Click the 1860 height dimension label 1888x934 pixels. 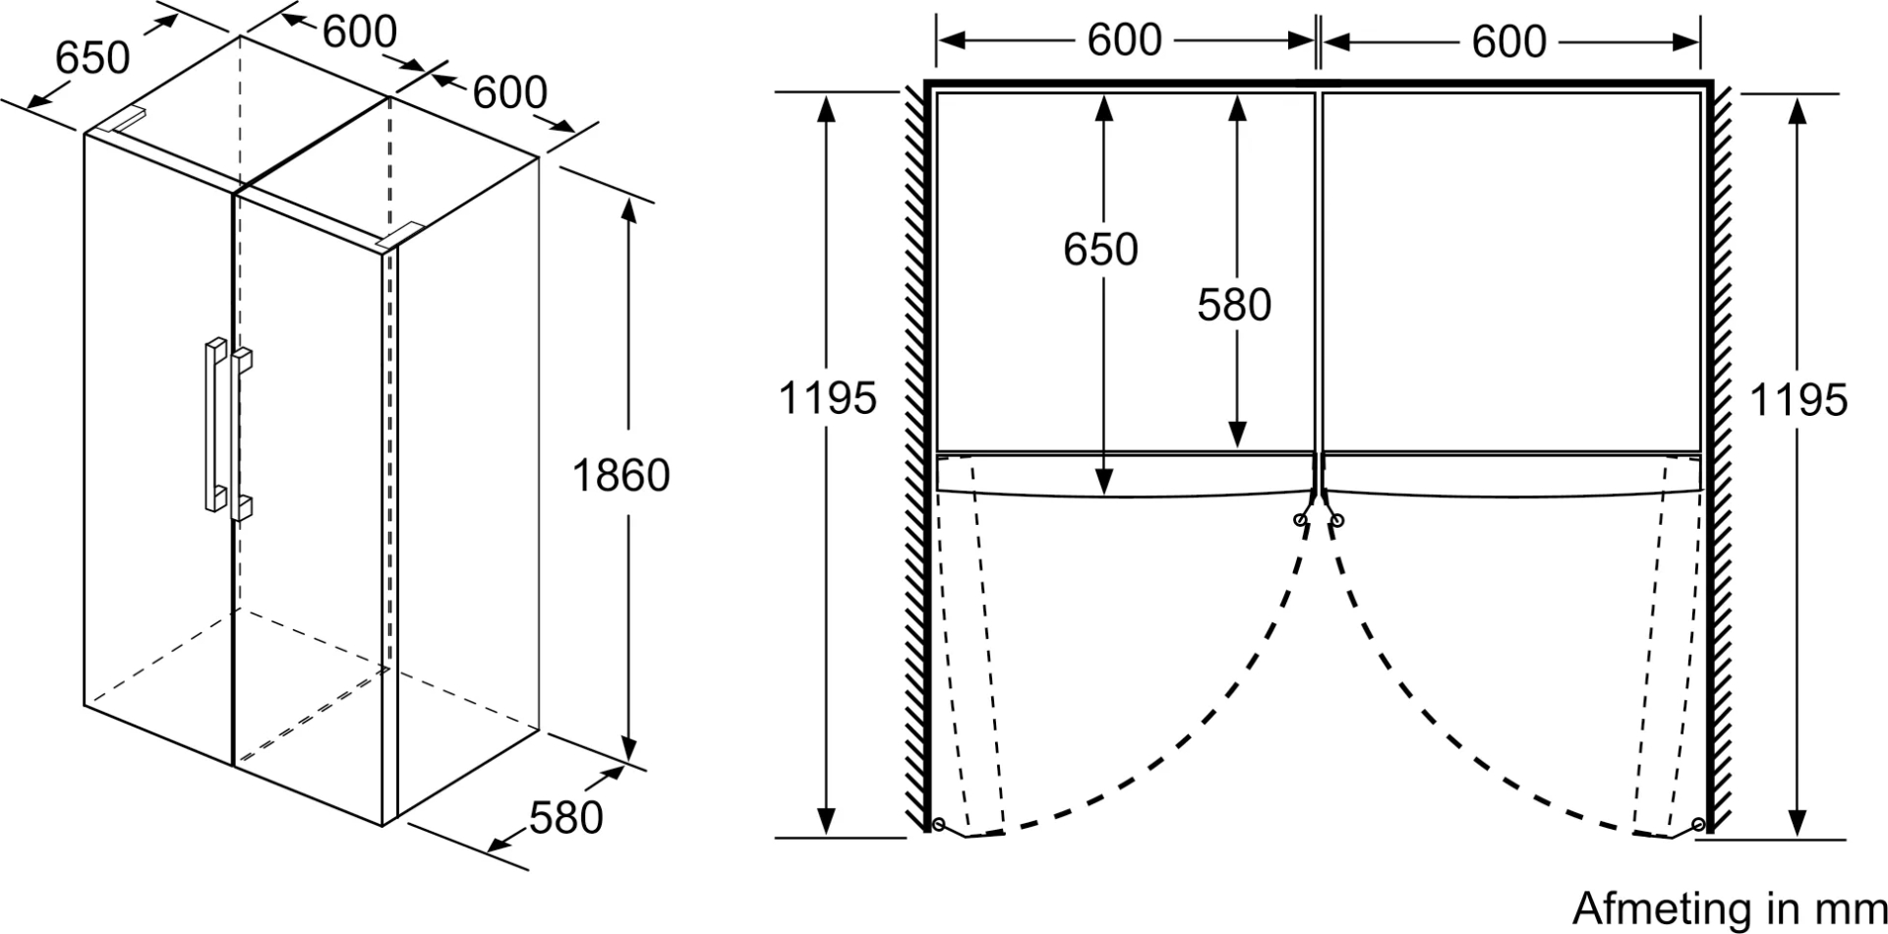coord(620,476)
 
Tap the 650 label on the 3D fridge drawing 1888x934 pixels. coord(92,58)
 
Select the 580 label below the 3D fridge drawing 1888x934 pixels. coord(565,818)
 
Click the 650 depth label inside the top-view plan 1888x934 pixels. coord(1100,250)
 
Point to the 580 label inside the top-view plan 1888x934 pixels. coord(1234,305)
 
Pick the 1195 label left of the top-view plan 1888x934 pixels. coord(827,399)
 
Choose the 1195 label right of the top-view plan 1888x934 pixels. coord(1799,400)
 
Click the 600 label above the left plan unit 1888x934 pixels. coord(1124,40)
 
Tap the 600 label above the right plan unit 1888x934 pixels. coord(1508,41)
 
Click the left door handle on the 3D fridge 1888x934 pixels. coord(214,425)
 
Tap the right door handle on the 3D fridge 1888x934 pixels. coord(242,433)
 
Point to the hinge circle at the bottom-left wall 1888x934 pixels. coord(938,824)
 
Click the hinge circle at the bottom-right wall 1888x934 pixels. coord(1699,824)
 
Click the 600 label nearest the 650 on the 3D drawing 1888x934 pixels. coord(360,31)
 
